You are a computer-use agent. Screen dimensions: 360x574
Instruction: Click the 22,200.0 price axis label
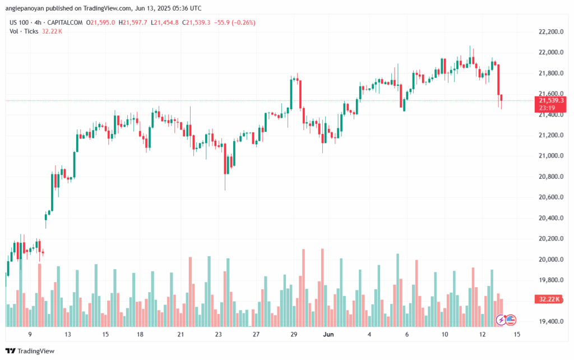(x=549, y=32)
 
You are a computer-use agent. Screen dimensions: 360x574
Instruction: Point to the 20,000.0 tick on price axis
(x=549, y=260)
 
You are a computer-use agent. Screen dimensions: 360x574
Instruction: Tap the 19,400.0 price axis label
(x=549, y=322)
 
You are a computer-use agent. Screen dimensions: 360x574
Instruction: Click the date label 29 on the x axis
(x=294, y=334)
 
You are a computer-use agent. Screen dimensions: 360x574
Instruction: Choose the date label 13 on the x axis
(x=68, y=334)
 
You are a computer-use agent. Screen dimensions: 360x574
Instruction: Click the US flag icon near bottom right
(x=511, y=320)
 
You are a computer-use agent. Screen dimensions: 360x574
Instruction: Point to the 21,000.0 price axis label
(x=549, y=156)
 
